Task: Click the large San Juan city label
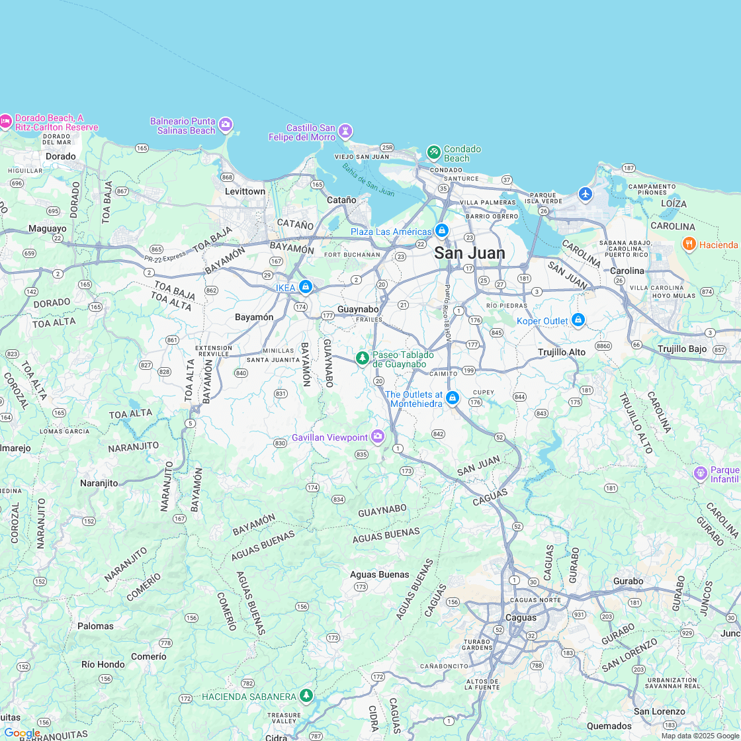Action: (x=470, y=253)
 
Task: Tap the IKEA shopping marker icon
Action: (x=305, y=287)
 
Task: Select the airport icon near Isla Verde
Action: (x=585, y=194)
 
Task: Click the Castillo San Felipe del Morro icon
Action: (x=345, y=131)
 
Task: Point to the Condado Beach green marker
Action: (x=434, y=153)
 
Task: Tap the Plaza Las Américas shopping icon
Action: (x=442, y=232)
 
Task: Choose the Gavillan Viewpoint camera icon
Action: (x=377, y=437)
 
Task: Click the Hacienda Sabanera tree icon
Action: (x=306, y=695)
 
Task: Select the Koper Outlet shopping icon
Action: (x=578, y=320)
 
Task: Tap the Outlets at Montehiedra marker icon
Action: (x=453, y=398)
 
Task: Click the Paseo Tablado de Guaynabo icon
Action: (x=362, y=358)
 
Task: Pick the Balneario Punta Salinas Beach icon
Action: (x=226, y=124)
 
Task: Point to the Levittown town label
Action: (x=245, y=191)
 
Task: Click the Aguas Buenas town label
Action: (x=380, y=574)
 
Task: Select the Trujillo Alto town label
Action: (x=562, y=352)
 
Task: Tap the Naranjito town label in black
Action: (x=99, y=483)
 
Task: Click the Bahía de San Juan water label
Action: (x=368, y=179)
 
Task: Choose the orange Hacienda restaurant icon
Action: (x=689, y=244)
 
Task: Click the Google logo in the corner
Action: (x=21, y=733)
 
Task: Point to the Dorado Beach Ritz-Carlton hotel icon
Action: (x=5, y=121)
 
